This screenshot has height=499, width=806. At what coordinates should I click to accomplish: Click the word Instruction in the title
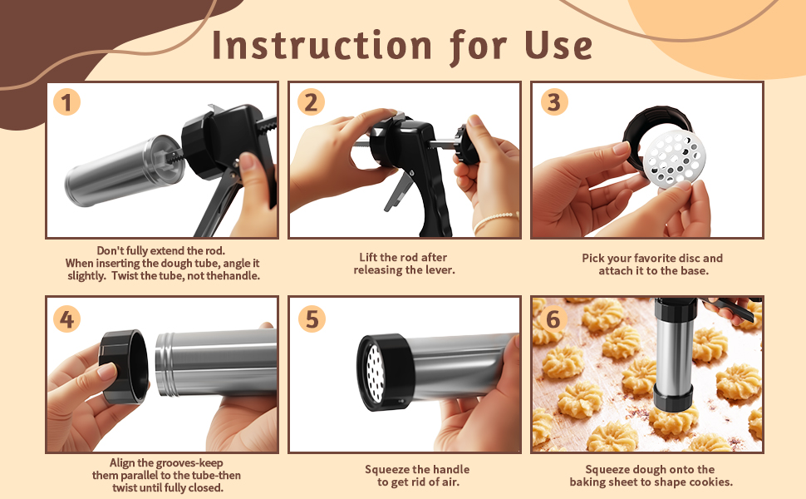(x=322, y=45)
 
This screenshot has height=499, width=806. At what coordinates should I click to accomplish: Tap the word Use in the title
(x=558, y=45)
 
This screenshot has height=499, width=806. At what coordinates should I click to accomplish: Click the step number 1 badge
(x=66, y=101)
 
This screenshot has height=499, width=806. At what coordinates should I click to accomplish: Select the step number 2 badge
(x=311, y=101)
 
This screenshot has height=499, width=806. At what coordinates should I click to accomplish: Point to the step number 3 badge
(x=554, y=101)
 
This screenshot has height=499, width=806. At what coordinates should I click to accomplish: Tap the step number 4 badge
(x=66, y=319)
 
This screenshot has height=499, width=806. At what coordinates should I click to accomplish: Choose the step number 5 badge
(x=312, y=319)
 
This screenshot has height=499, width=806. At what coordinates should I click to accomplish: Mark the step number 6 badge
(x=553, y=319)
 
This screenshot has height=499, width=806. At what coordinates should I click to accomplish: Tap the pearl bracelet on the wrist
(x=494, y=220)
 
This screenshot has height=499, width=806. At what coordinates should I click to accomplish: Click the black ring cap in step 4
(x=124, y=366)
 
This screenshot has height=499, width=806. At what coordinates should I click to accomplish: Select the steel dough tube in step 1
(x=123, y=170)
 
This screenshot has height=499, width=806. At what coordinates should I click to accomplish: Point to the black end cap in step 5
(x=384, y=372)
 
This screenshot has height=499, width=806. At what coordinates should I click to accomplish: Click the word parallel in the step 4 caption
(x=141, y=476)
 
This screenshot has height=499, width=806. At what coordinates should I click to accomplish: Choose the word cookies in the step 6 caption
(x=712, y=482)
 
